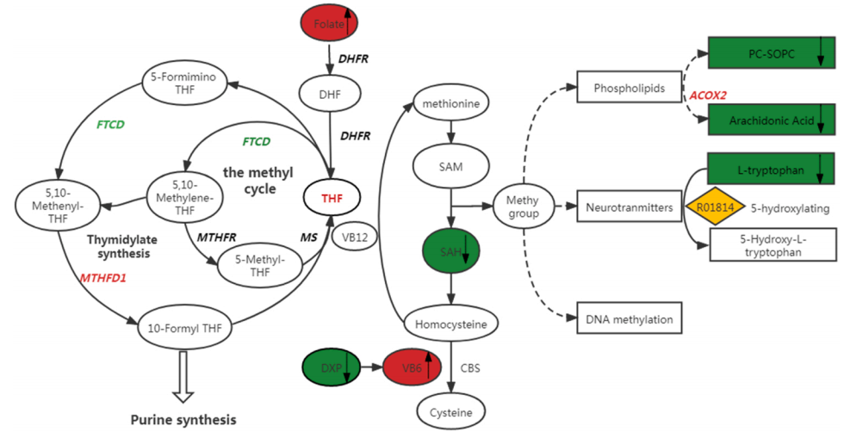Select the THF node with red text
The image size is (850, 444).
coord(332,198)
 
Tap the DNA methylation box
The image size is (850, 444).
coord(629,319)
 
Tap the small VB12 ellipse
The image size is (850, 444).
coord(356,237)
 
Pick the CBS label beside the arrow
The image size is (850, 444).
coord(469,368)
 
